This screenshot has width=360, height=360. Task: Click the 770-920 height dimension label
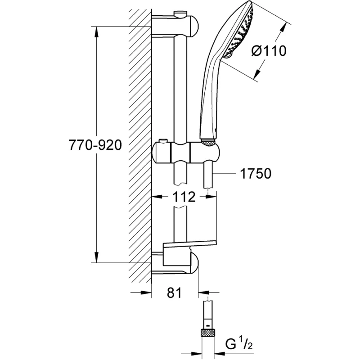coord(95,145)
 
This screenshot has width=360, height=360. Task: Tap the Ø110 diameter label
coord(269,51)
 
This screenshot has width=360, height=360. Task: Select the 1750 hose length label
coord(256,173)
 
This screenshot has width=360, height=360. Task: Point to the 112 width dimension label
coord(184,197)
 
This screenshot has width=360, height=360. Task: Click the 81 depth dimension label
coord(175,292)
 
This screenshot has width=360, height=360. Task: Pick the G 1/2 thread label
coord(239,344)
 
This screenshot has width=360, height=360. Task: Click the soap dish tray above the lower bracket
coord(189,245)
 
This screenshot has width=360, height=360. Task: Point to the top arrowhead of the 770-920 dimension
coord(96,31)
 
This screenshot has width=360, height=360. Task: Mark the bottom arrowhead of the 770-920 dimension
coord(96,257)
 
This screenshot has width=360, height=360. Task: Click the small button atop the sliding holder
coord(163,140)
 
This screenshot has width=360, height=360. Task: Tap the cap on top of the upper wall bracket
coord(181,13)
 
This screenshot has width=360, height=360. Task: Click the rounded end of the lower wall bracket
coord(194,263)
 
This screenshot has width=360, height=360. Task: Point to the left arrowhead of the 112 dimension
coord(157,197)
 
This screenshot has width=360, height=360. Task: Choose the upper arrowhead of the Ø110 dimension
coord(284,27)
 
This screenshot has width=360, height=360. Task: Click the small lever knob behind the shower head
coord(229,55)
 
